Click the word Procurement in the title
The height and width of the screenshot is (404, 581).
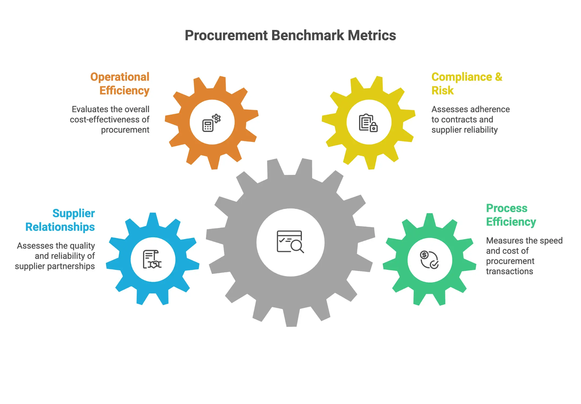point(226,36)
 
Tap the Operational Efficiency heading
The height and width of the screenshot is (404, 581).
point(120,84)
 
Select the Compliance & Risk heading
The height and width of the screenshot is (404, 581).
point(466,84)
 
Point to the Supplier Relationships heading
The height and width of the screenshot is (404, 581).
point(60,220)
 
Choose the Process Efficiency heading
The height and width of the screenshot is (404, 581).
point(511,215)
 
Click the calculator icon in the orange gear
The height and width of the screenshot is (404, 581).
point(208,126)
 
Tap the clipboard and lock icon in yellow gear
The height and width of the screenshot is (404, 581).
point(368,123)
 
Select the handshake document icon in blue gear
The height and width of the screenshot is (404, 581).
point(152,259)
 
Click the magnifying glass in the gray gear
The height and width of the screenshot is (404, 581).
point(297,246)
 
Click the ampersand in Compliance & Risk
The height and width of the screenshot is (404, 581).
point(499,77)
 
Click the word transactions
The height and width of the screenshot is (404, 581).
point(509,271)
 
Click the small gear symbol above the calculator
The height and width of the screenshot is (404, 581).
point(217,118)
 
